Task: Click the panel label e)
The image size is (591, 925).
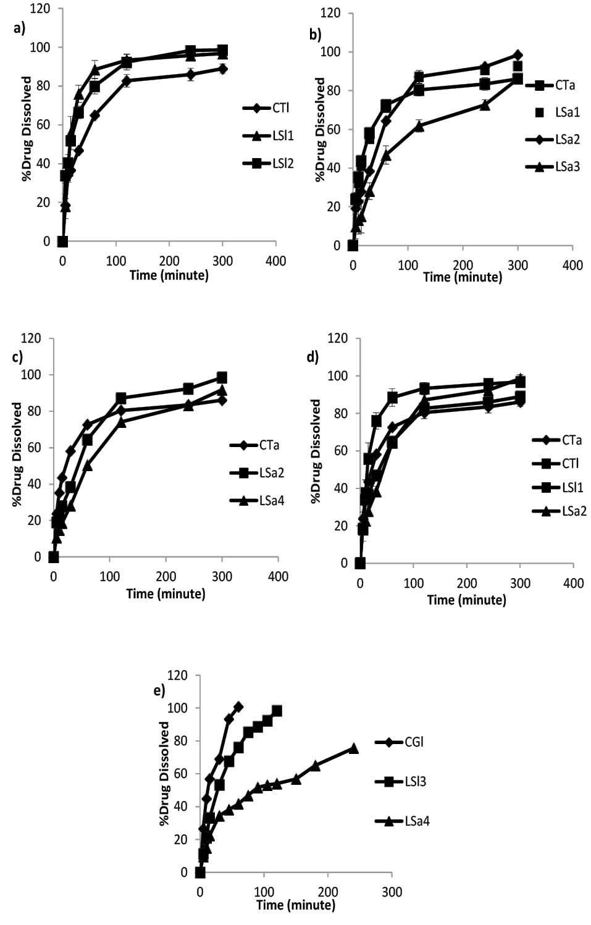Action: pyautogui.click(x=159, y=690)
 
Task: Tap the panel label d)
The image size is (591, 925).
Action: pyautogui.click(x=312, y=358)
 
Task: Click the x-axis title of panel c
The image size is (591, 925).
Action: pyautogui.click(x=166, y=594)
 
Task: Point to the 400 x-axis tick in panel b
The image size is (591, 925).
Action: pyautogui.click(x=572, y=266)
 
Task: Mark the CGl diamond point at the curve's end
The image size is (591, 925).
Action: pyautogui.click(x=238, y=706)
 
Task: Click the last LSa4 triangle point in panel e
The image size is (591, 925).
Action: pyautogui.click(x=353, y=748)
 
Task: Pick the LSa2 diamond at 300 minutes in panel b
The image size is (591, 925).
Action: pyautogui.click(x=518, y=56)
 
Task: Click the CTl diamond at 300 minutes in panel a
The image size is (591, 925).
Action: pyautogui.click(x=222, y=69)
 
